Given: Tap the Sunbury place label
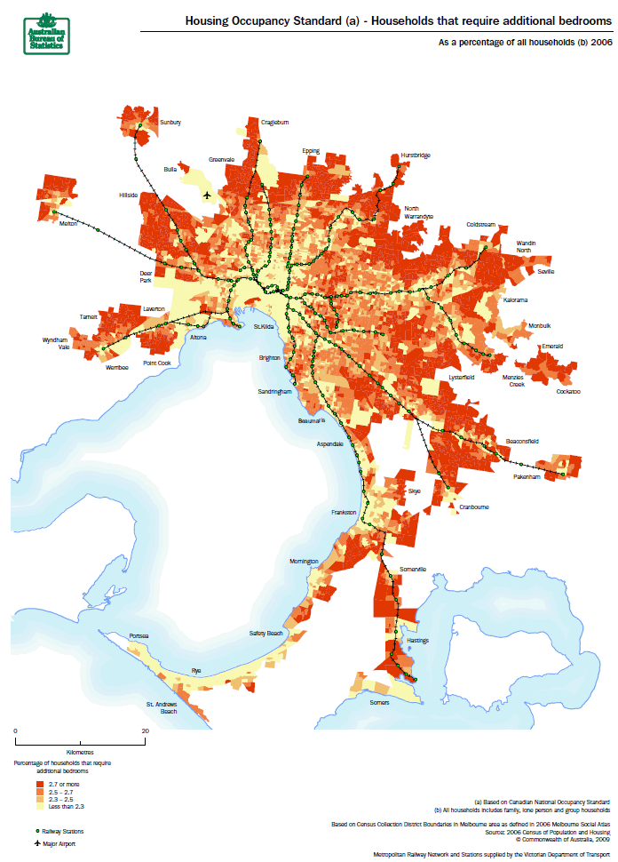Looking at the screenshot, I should [170, 122].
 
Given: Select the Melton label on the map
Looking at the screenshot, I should [68, 224].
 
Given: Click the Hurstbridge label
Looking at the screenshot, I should [415, 156].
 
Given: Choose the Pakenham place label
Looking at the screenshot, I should [527, 477].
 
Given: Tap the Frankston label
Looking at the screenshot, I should [343, 513].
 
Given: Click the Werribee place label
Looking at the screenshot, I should [117, 366].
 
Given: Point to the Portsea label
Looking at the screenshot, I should [139, 636].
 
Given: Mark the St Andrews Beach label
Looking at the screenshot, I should [162, 708].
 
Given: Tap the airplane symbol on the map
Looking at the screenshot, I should [207, 195].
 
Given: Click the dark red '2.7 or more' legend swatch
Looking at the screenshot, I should [41, 785].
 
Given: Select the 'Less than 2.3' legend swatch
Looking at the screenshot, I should [41, 806].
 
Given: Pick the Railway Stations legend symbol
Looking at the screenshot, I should [37, 830].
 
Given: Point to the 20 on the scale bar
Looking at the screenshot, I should [145, 730].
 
